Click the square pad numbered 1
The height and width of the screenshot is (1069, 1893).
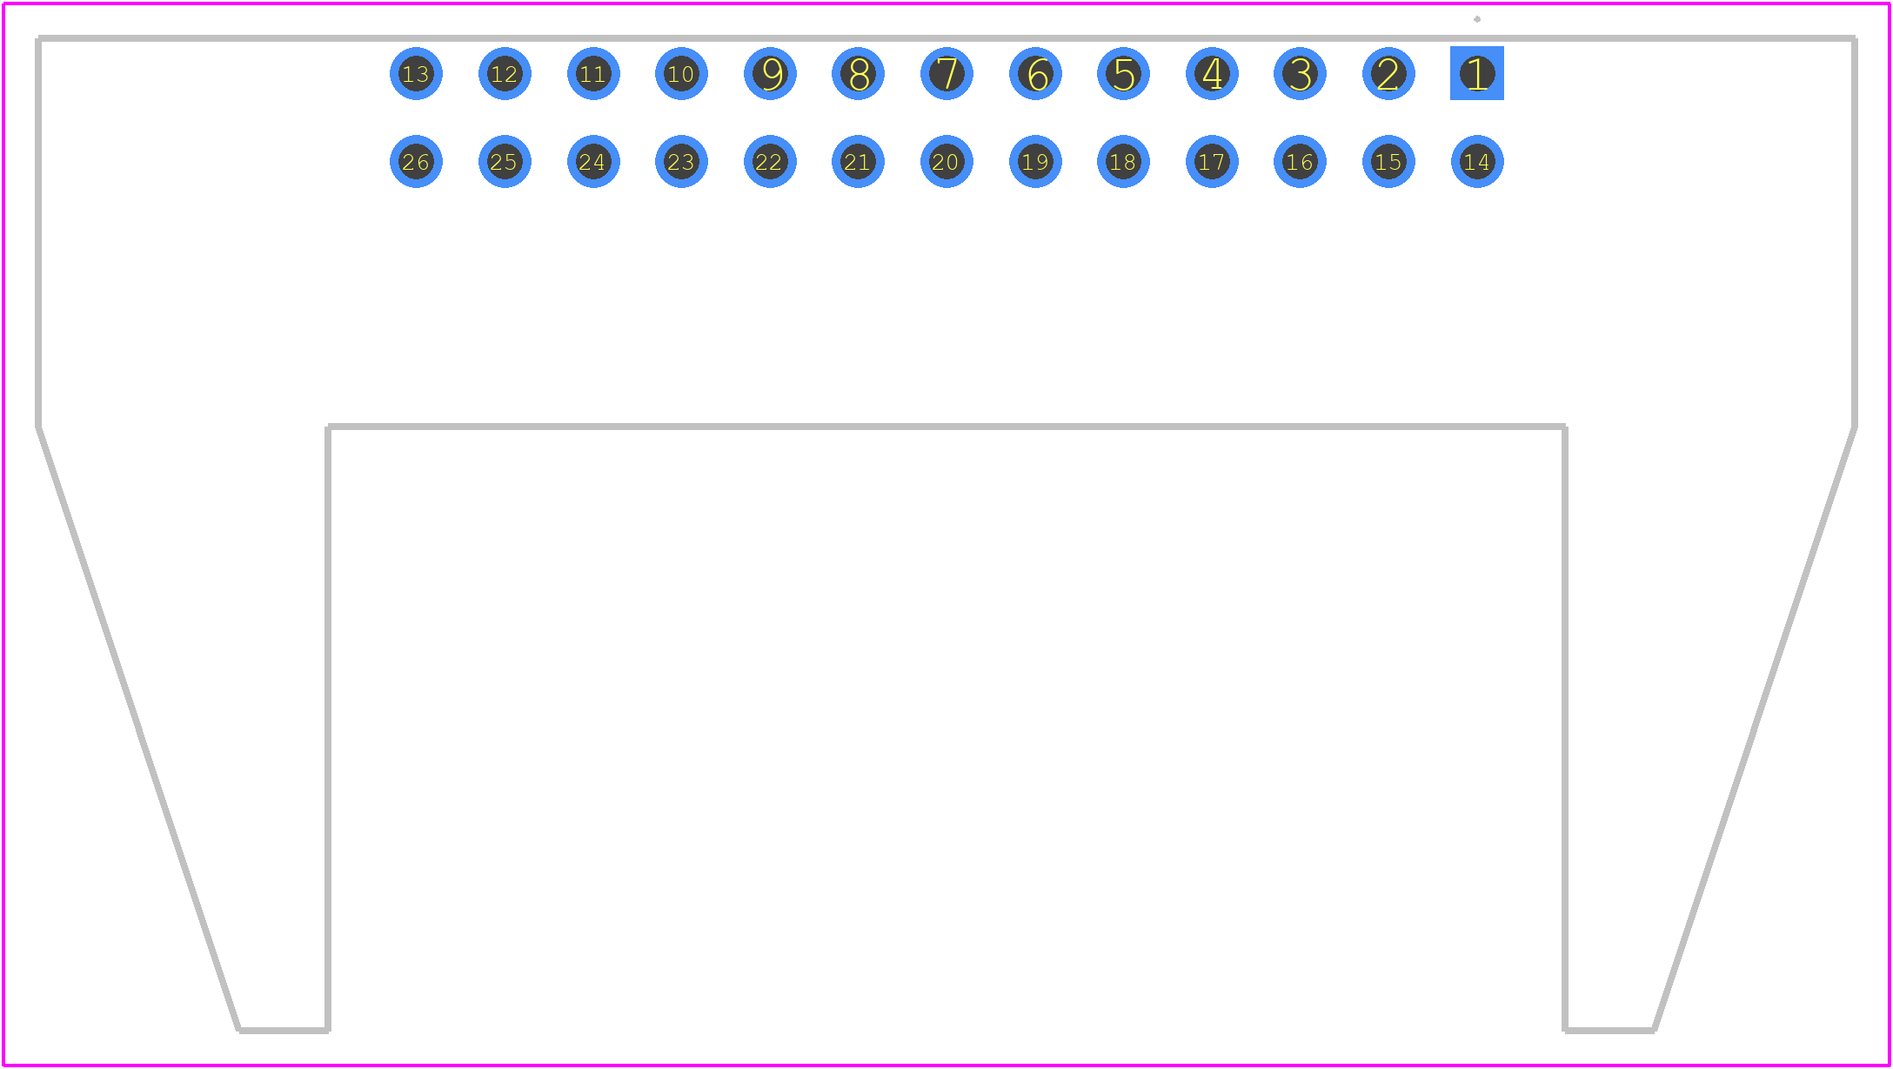click(1476, 73)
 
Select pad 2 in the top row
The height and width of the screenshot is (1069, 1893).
click(1388, 73)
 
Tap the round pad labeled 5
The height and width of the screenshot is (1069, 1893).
click(1123, 73)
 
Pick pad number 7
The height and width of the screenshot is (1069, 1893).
click(946, 73)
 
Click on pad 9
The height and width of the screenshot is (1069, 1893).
click(770, 73)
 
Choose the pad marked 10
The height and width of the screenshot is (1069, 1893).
click(681, 73)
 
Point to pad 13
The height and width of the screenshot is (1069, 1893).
click(416, 73)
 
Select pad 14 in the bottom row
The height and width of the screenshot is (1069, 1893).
click(1477, 161)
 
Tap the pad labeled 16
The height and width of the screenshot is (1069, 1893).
click(1300, 161)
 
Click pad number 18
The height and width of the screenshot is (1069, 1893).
click(1123, 161)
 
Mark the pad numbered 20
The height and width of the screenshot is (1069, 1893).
click(946, 161)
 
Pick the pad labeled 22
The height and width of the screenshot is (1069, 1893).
click(770, 161)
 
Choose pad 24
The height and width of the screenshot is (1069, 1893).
click(593, 161)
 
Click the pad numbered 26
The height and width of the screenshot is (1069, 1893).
click(416, 161)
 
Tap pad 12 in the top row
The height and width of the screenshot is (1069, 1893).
click(505, 73)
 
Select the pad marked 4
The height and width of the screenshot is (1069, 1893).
click(1212, 73)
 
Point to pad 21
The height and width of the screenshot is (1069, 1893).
click(858, 161)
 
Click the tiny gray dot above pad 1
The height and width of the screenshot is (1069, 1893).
click(1476, 19)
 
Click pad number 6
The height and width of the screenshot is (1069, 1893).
click(1035, 73)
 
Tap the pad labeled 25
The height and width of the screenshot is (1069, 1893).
click(505, 161)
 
